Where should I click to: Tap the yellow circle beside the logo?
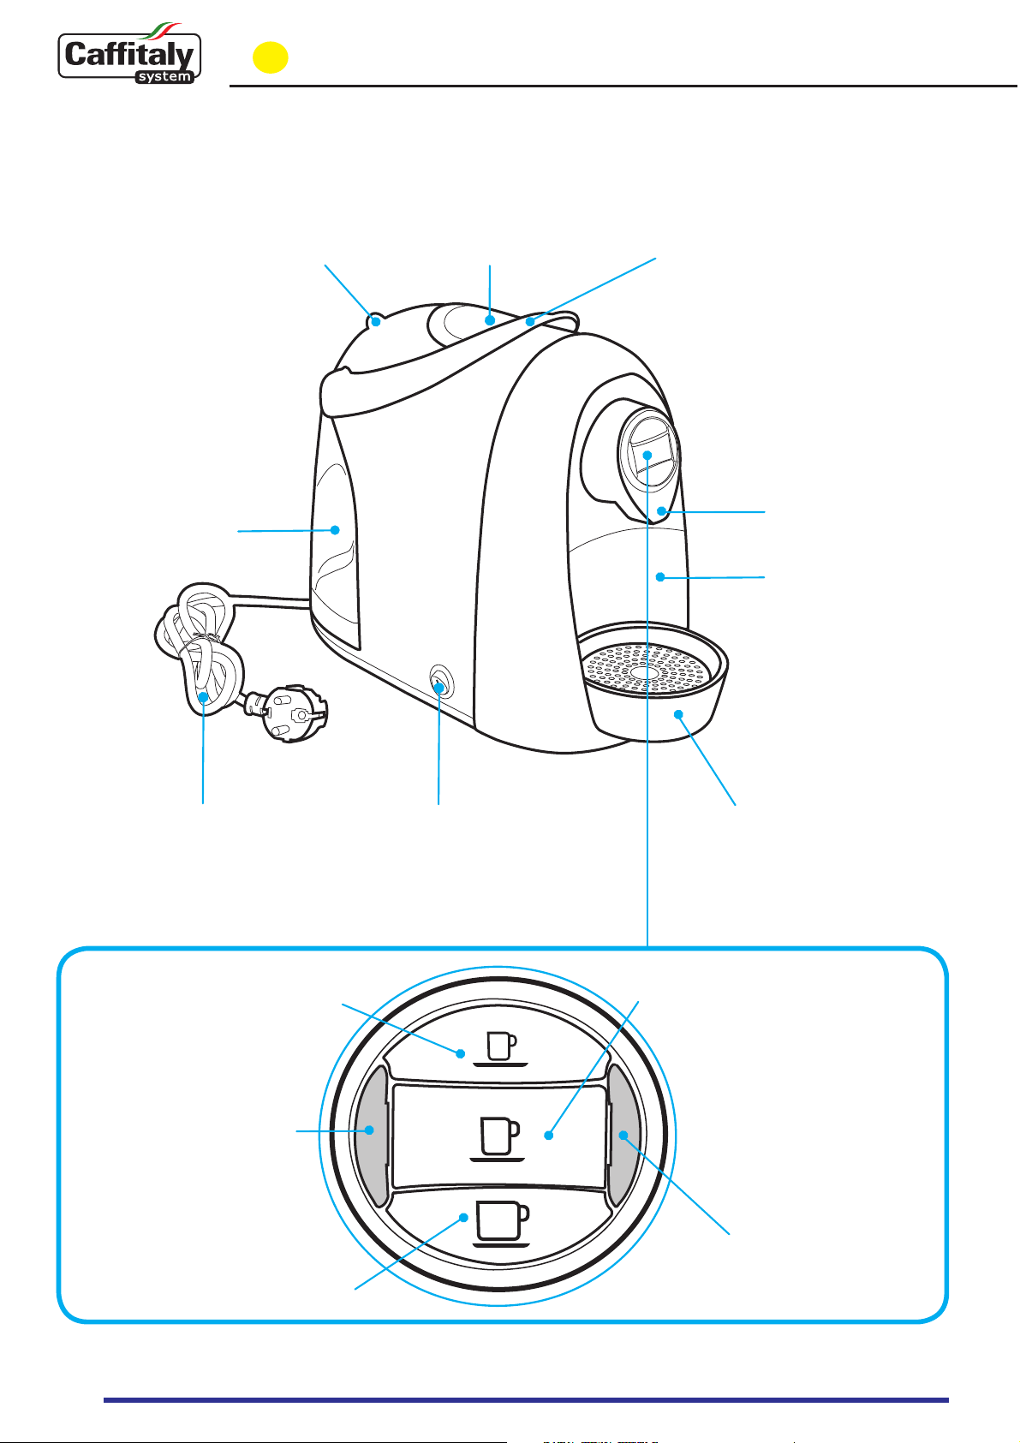coord(270,57)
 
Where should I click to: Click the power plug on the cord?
coord(288,711)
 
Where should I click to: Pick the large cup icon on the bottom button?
coord(501,1222)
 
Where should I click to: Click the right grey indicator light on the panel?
coord(623,1135)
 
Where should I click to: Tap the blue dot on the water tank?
coord(335,530)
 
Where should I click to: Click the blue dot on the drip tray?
coord(677,713)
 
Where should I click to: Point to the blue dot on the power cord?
coord(204,696)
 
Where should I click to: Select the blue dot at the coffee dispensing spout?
coord(661,511)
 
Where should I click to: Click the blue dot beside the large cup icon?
coord(463,1218)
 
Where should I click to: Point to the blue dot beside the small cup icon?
coord(460,1054)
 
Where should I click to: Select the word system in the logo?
coord(165,77)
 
